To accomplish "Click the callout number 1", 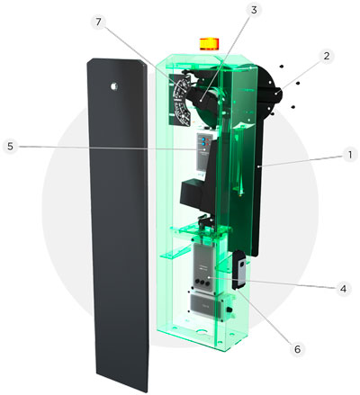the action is (349, 156).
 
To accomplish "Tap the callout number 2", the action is (327, 56).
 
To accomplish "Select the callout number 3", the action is (254, 10).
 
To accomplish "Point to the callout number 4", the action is (343, 289).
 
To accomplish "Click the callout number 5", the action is (11, 147).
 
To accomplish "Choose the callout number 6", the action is (297, 349).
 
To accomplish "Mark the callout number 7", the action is (99, 22).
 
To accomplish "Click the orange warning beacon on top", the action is (210, 44).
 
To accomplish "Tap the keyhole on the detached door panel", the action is (114, 86).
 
